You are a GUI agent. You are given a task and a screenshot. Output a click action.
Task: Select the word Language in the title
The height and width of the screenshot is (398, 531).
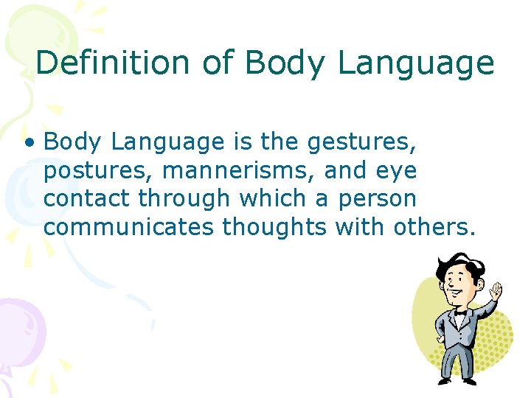pyautogui.click(x=416, y=64)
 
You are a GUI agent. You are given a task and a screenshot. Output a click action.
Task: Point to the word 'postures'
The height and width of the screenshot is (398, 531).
pyautogui.click(x=98, y=171)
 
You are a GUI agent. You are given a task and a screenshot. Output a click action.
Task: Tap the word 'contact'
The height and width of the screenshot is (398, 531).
pyautogui.click(x=87, y=199)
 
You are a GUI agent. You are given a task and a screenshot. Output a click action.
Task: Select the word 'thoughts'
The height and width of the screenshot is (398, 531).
pyautogui.click(x=274, y=228)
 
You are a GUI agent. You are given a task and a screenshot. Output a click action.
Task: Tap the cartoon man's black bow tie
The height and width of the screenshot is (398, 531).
pyautogui.click(x=460, y=312)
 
